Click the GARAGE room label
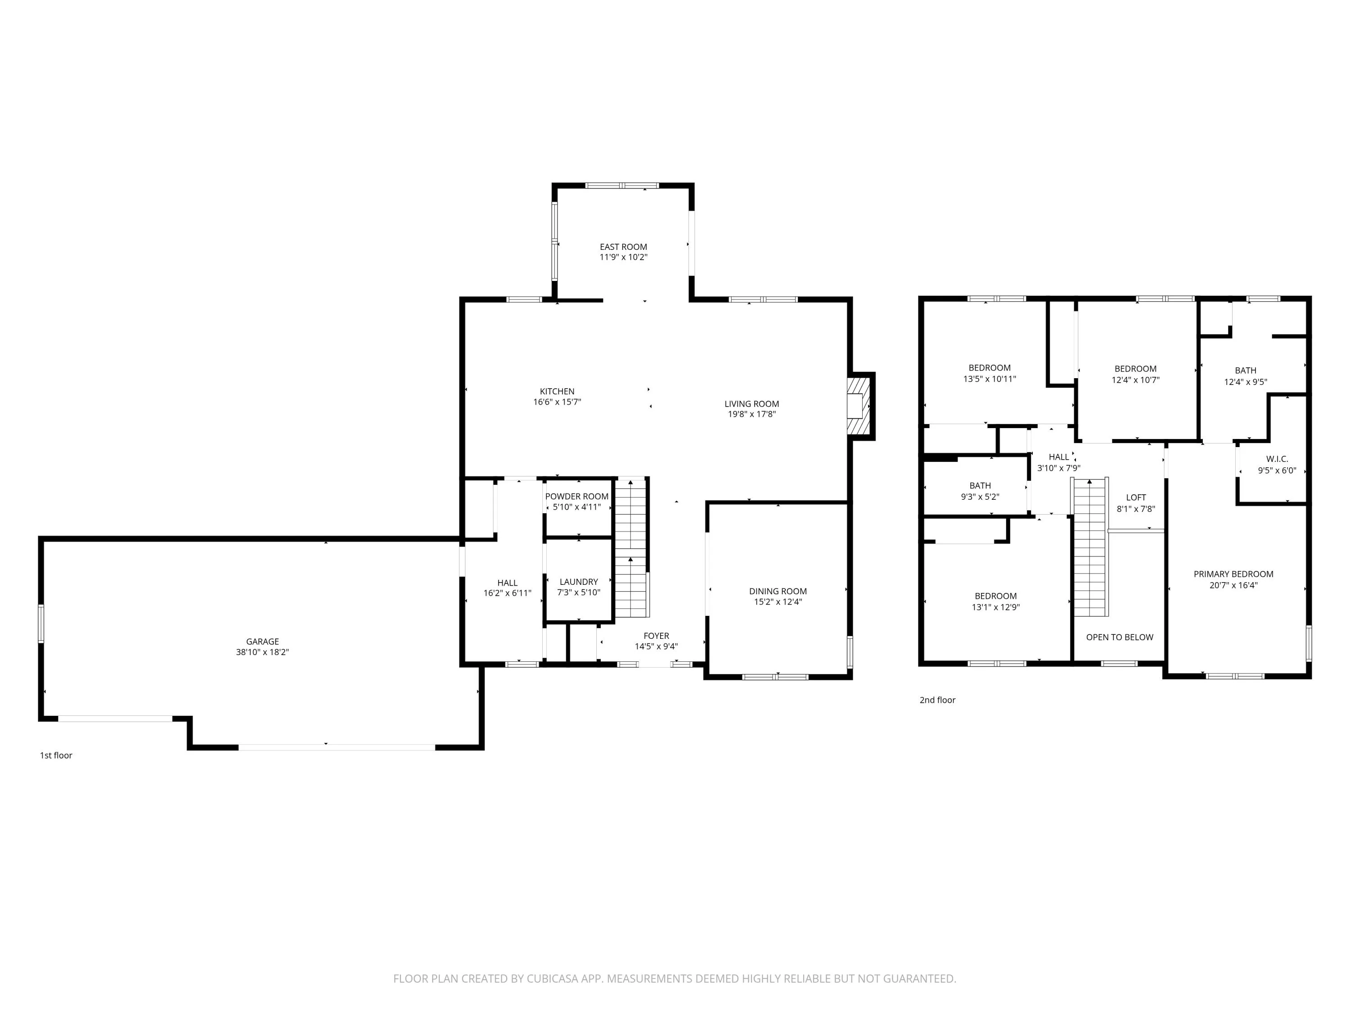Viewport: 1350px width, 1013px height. point(262,641)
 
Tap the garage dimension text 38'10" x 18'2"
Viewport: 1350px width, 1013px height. point(262,652)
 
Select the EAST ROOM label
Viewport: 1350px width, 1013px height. point(623,247)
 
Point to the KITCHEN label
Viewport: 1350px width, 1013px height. point(557,391)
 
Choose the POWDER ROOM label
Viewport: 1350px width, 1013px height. point(577,497)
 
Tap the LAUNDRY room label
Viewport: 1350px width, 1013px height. point(579,582)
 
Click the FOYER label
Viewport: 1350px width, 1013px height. point(656,636)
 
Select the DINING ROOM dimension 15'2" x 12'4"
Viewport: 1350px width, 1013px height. point(778,601)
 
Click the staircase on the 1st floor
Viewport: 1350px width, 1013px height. point(630,548)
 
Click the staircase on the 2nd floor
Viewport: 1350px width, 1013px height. point(1091,548)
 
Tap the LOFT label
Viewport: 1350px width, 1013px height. point(1136,497)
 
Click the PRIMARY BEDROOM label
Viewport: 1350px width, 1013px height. point(1233,574)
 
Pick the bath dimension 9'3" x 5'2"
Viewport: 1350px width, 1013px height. point(980,497)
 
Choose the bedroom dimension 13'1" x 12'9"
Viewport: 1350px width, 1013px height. point(996,607)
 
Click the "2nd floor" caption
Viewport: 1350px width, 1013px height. point(937,700)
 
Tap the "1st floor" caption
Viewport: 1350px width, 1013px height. point(56,755)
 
